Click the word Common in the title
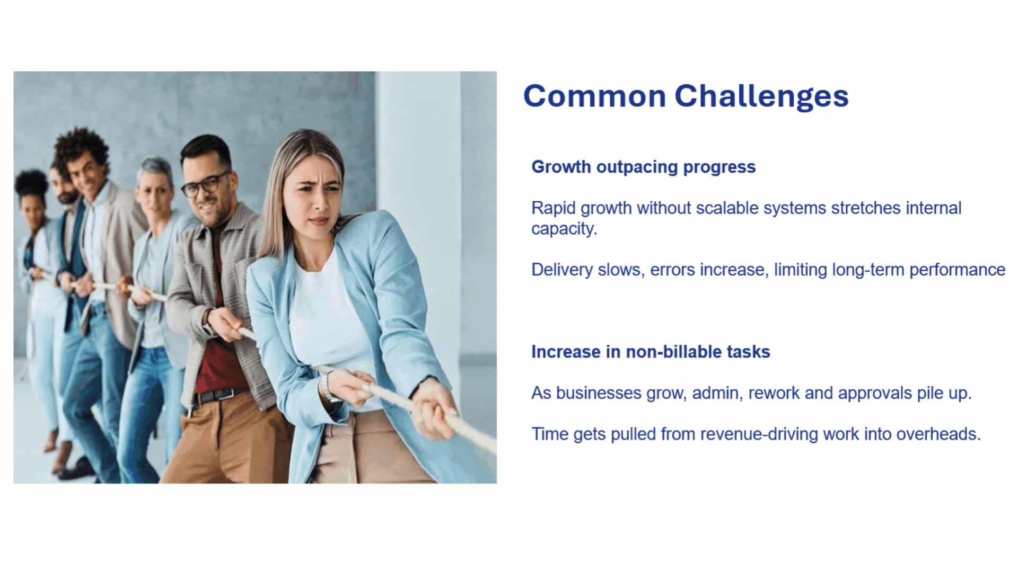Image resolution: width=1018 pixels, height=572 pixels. [594, 96]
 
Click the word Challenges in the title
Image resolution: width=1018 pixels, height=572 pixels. [761, 97]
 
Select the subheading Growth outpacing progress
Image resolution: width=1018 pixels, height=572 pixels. [643, 167]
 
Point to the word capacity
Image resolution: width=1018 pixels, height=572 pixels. [564, 229]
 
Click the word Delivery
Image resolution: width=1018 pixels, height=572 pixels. [562, 270]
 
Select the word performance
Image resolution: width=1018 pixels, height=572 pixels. [957, 270]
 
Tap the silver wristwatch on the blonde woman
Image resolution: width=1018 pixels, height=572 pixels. [326, 387]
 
